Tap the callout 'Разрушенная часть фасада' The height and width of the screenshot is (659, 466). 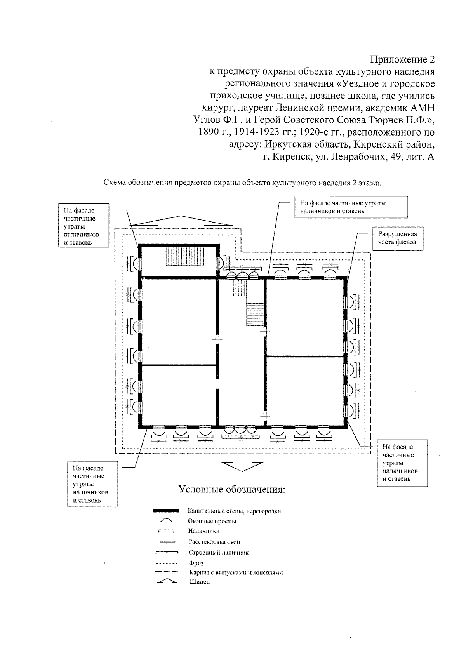coord(397,238)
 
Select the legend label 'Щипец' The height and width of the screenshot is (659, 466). coord(200,582)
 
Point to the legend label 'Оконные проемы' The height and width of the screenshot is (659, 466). coord(212,521)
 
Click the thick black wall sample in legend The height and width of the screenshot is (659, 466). coord(166,511)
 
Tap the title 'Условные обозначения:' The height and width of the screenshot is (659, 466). coord(232,489)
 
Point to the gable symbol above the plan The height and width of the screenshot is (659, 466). coord(181,221)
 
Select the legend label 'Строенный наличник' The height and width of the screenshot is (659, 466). coord(218,553)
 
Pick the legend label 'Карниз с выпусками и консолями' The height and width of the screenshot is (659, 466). coord(236,572)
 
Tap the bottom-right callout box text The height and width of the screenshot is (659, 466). coord(400,463)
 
